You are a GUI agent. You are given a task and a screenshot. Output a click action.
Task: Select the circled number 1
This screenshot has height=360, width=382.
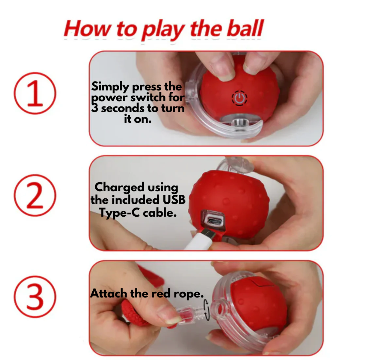pos(35,93)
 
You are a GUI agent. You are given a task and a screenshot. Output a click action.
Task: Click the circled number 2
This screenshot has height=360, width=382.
pos(35,195)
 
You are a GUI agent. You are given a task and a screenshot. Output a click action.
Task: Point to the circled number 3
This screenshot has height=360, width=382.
pos(35,297)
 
